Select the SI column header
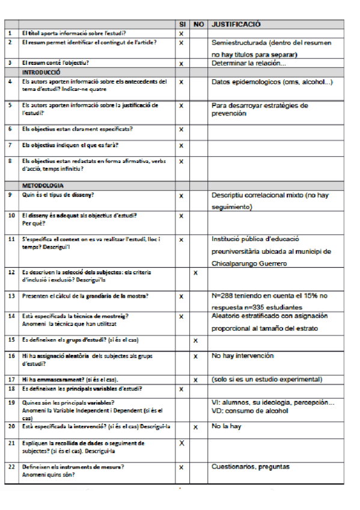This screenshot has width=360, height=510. pos(182,24)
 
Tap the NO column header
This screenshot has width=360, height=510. pos(199,24)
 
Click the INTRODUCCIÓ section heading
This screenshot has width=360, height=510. pos(43,71)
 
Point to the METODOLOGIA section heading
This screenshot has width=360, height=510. pos(43,186)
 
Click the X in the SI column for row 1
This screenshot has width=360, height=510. pos(181,33)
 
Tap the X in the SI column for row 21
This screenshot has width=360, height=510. pos(181,443)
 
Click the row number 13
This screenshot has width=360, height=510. pos(10,295)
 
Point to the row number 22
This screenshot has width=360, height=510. pos(11,466)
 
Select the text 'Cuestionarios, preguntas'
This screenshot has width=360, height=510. pos(250,466)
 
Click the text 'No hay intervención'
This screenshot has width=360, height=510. pos(242,356)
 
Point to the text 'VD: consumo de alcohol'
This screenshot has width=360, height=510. pos(249,411)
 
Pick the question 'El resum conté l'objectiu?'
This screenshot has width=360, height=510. pos(55,63)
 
